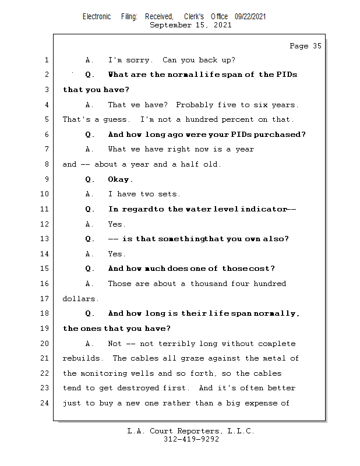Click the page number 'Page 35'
point(305,46)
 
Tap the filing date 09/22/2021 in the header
point(250,16)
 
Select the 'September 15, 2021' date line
point(190,25)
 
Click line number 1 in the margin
point(46,60)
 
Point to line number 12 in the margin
point(44,224)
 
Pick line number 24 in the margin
point(44,403)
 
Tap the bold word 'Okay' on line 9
point(119,179)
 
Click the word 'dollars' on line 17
point(80,299)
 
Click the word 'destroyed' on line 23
point(160,388)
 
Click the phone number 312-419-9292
point(191,440)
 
